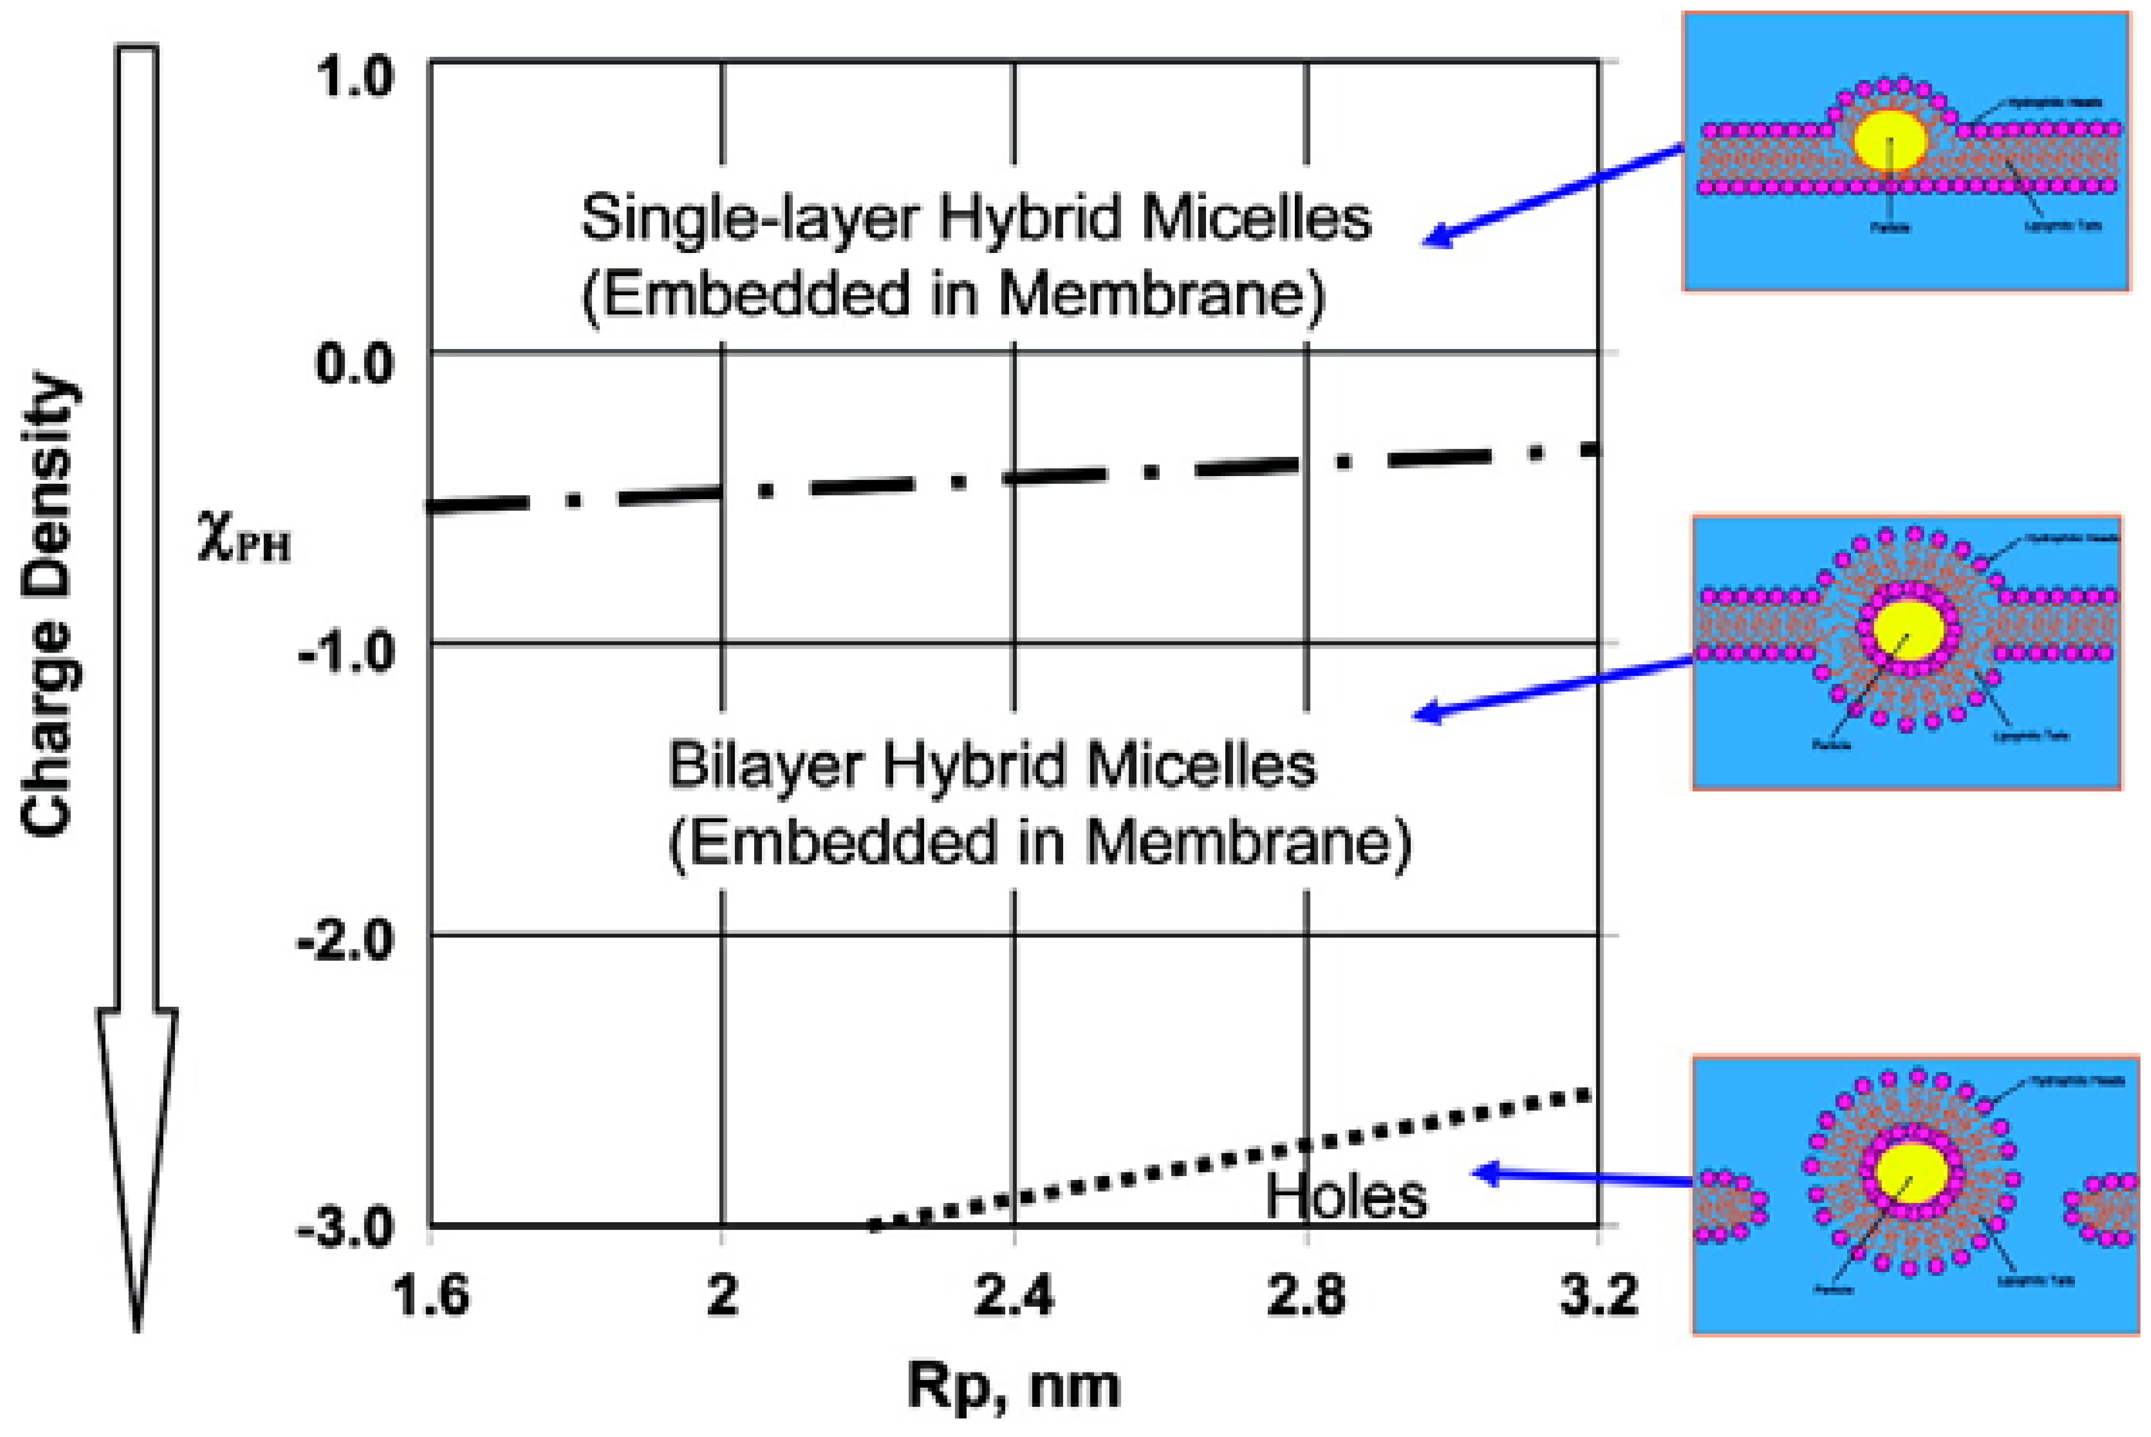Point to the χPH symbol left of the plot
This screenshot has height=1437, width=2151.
pos(243,539)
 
